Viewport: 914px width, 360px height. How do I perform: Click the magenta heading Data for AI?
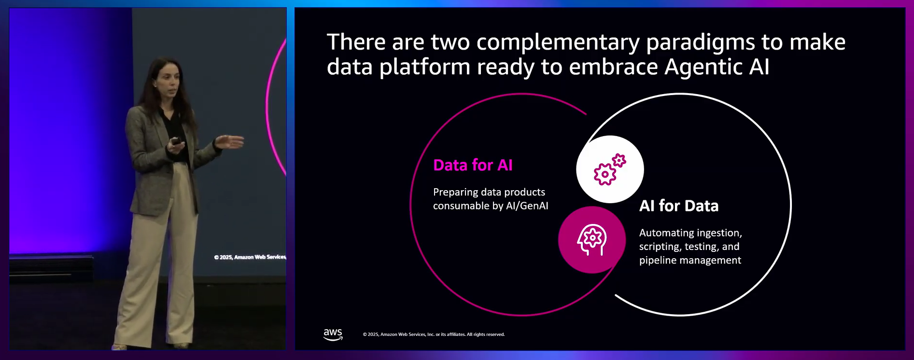tap(473, 165)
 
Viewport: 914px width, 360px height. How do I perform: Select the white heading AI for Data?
tap(679, 206)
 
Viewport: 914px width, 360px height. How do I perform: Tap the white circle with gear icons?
tap(610, 169)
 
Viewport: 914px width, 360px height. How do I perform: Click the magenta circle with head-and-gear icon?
tap(592, 240)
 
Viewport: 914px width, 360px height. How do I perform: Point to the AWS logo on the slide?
tap(333, 334)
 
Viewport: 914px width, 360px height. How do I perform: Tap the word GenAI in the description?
tap(534, 206)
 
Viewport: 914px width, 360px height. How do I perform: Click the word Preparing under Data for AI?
tap(455, 193)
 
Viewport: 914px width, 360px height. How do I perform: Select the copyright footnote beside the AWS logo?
tap(434, 334)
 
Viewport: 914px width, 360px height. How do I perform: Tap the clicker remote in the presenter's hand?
tap(176, 141)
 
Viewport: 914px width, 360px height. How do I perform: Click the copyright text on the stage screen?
tap(250, 257)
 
